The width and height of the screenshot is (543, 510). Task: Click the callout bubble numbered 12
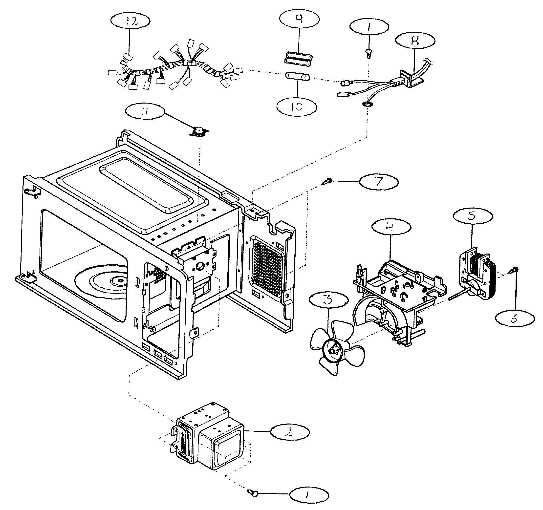click(x=130, y=21)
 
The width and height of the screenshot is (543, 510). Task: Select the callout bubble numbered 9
click(x=299, y=19)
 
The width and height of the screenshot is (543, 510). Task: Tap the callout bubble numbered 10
click(x=296, y=106)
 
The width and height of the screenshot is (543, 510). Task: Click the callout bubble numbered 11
click(x=145, y=112)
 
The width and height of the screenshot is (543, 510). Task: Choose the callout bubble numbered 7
click(x=378, y=182)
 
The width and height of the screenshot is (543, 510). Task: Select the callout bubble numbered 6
click(x=515, y=318)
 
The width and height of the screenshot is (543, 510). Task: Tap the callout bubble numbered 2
click(x=290, y=432)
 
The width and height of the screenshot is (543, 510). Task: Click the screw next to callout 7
click(x=327, y=181)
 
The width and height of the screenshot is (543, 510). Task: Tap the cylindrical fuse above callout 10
click(x=297, y=76)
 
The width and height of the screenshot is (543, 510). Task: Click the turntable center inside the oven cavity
click(x=119, y=280)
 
